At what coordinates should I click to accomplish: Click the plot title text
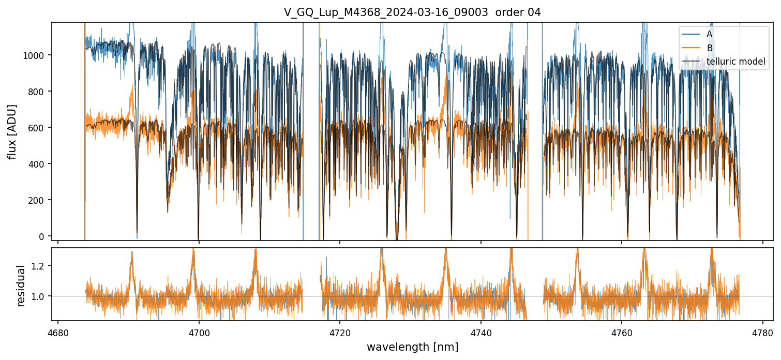[412, 12]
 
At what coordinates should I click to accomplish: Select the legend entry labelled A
[710, 34]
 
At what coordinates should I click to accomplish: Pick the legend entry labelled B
[710, 48]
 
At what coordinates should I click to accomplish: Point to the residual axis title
[21, 286]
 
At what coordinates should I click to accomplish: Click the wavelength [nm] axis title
[412, 347]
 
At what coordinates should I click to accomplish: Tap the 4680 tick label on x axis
[58, 332]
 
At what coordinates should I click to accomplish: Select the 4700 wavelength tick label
[199, 332]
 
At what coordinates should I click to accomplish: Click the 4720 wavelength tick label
[340, 332]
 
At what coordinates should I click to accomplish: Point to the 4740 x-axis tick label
[481, 332]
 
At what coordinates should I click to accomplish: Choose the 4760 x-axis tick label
[622, 332]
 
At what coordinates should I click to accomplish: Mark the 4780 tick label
[763, 332]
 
